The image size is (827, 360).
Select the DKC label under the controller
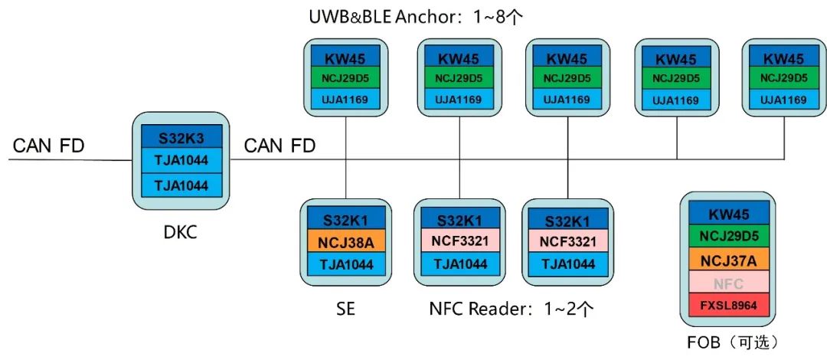[x=181, y=231]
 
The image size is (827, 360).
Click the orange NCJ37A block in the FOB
[x=728, y=260]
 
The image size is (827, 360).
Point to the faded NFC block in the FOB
[x=728, y=283]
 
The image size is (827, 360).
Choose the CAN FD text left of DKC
[x=49, y=146]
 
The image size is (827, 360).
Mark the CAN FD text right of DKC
[x=279, y=146]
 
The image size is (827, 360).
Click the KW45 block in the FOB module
[x=728, y=214]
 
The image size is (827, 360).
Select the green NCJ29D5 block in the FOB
[x=728, y=237]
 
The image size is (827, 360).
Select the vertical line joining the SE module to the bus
[x=348, y=180]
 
